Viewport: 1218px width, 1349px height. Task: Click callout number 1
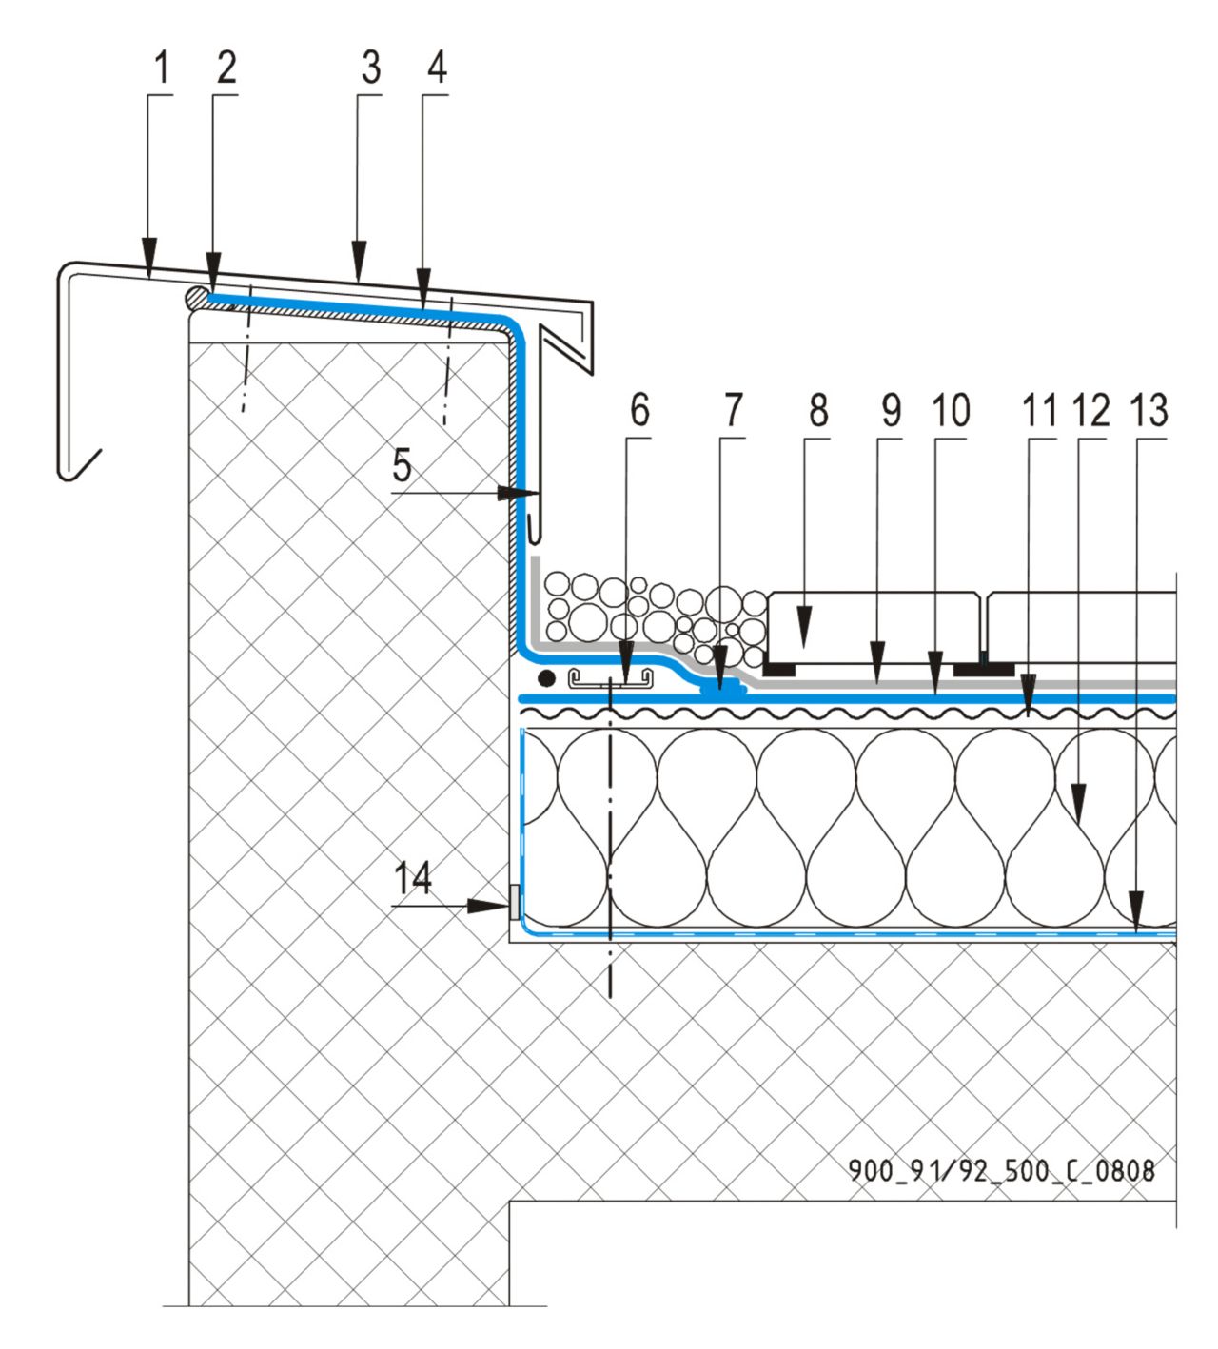coord(161,68)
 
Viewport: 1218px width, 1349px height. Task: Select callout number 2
coord(226,68)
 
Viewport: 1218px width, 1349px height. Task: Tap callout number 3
coord(370,68)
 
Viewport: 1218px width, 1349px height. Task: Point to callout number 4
coord(437,68)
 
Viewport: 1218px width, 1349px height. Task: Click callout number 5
coord(403,466)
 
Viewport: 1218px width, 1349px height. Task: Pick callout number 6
coord(639,410)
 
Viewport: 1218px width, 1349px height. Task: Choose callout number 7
coord(732,410)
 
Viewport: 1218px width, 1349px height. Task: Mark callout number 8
coord(818,410)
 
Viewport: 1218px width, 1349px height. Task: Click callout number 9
coord(891,410)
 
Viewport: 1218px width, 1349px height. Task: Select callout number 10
coord(950,410)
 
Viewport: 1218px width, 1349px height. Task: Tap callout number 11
coord(1039,410)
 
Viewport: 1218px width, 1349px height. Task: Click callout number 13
coord(1149,410)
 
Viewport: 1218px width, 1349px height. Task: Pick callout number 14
coord(413,878)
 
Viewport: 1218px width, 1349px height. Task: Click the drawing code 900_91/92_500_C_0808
coord(1001,1169)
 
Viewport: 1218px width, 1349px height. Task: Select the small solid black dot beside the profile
coord(546,678)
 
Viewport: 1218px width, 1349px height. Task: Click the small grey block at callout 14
coord(515,902)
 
